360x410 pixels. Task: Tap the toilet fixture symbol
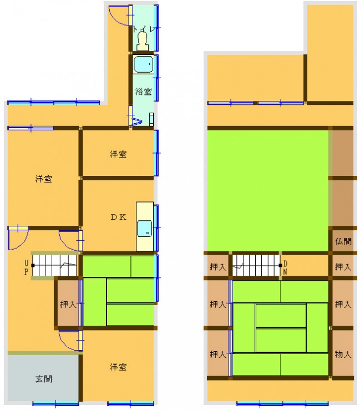click(x=143, y=41)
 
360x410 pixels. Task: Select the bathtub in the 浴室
click(x=143, y=64)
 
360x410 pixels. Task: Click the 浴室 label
click(x=143, y=92)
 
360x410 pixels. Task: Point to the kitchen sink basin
click(x=145, y=229)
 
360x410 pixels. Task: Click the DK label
click(x=119, y=217)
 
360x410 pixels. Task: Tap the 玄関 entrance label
click(x=44, y=379)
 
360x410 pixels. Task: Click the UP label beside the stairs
click(x=27, y=268)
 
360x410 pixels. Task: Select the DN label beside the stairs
click(x=285, y=268)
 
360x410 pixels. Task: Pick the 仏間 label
click(x=343, y=241)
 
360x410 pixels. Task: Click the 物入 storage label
click(x=343, y=355)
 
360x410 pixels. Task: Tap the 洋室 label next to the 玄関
click(x=118, y=367)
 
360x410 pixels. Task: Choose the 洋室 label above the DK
click(x=118, y=154)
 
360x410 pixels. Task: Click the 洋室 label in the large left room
click(x=44, y=179)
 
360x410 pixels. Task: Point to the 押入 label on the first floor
click(x=68, y=305)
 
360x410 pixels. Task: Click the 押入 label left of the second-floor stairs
click(x=218, y=267)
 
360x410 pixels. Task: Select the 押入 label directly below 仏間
click(x=343, y=267)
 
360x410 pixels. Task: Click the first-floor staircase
click(x=54, y=265)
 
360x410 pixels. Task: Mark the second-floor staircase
click(x=257, y=265)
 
